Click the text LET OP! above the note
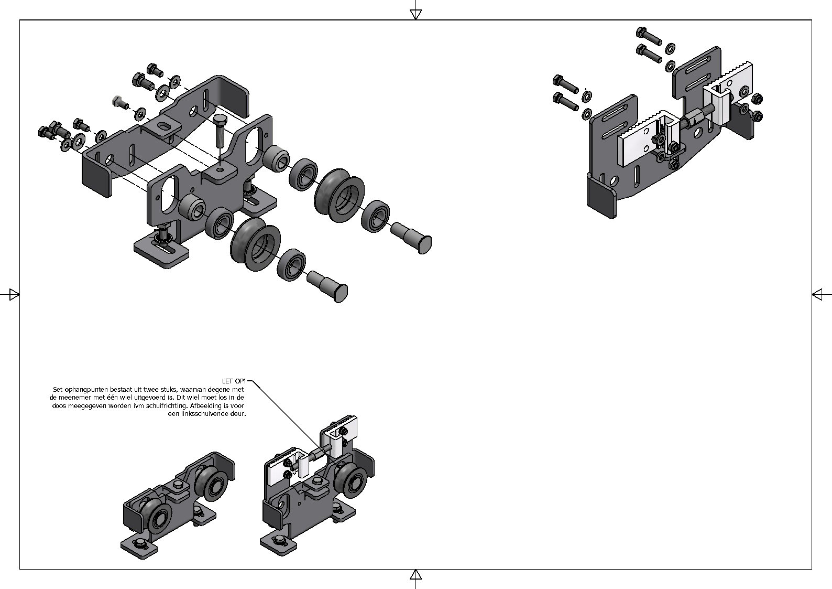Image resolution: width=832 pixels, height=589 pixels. (234, 381)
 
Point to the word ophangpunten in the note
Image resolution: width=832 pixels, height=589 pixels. (83, 390)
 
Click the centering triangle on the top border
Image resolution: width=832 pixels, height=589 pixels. (415, 15)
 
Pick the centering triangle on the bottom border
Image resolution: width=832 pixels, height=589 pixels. (415, 575)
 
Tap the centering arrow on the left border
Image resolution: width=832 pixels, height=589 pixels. (14, 295)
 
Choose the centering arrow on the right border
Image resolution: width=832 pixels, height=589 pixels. (817, 295)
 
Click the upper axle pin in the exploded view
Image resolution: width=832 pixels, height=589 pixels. (411, 238)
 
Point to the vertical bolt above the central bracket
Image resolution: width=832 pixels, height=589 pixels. (220, 131)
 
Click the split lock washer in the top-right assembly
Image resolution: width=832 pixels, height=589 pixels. (588, 95)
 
